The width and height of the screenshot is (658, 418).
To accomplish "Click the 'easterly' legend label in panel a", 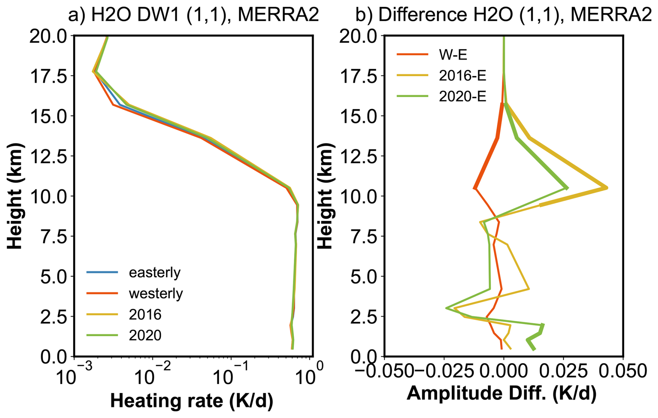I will [155, 273].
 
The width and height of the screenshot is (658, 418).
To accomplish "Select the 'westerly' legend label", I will [156, 294].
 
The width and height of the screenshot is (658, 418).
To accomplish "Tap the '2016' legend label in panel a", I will [145, 315].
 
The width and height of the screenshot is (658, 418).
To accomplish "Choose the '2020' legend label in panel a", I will [145, 336].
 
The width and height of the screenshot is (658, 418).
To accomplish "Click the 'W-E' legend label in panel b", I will [453, 55].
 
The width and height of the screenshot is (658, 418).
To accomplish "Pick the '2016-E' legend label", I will [462, 75].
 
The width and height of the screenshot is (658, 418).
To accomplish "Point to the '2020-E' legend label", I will [462, 96].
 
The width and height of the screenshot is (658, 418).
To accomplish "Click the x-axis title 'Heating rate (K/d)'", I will [192, 401].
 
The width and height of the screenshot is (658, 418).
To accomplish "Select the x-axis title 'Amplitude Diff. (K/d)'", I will [501, 393].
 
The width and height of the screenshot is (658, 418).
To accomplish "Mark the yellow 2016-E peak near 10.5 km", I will [607, 188].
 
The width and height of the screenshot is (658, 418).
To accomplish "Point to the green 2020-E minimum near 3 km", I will [447, 308].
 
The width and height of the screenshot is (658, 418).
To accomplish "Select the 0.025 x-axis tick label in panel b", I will [563, 371].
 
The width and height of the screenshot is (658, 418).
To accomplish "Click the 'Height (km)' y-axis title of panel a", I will [15, 196].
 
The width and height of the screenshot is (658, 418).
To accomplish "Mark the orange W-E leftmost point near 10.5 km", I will [475, 188].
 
